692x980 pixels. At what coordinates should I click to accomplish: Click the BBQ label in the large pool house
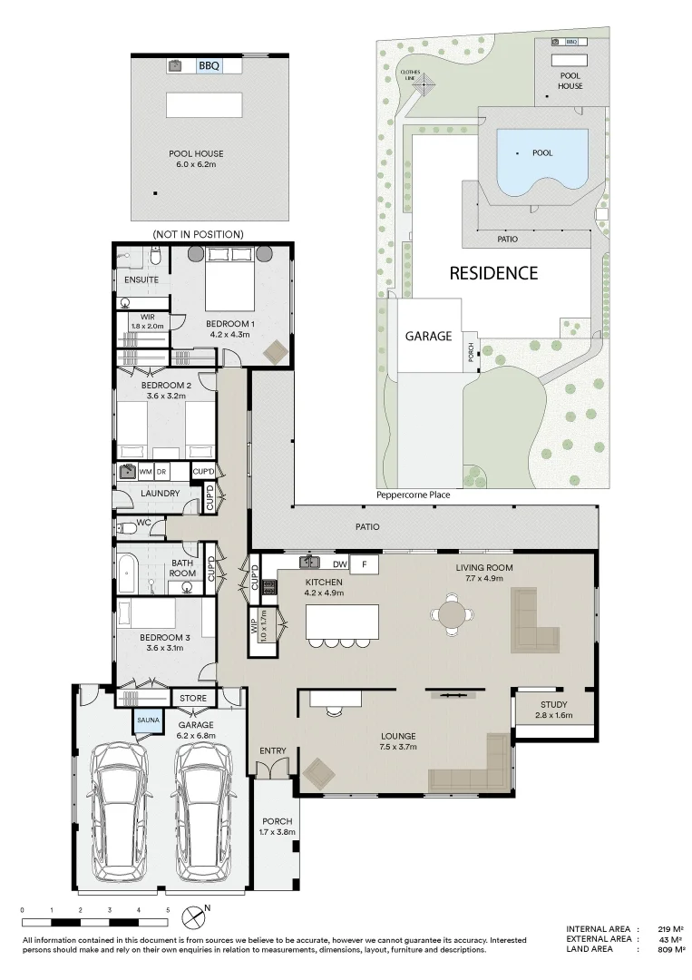point(209,65)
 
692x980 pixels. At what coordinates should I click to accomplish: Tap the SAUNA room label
point(148,720)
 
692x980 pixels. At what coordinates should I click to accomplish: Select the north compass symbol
point(193,916)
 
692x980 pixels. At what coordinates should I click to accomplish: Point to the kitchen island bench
point(342,622)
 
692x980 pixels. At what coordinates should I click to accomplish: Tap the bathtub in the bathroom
point(125,573)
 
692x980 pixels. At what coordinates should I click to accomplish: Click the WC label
point(143,522)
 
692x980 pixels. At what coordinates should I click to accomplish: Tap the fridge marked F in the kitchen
point(365,565)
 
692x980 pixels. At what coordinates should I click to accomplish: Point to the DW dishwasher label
point(340,564)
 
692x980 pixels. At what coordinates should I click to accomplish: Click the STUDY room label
point(554,704)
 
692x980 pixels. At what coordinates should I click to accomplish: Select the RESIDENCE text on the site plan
point(493,273)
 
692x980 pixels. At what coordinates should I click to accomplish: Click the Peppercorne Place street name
point(413,495)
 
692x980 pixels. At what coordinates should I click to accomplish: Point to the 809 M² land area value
point(671,949)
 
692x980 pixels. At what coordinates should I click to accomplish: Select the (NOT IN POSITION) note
point(198,234)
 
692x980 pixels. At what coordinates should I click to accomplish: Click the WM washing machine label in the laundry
point(145,472)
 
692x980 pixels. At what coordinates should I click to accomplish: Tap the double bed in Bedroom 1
point(229,279)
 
